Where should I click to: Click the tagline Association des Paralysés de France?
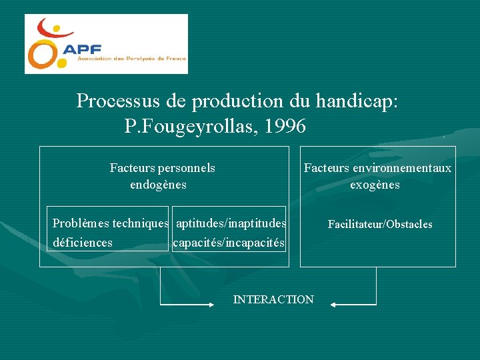click(x=131, y=59)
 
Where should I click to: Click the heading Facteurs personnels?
click(x=162, y=168)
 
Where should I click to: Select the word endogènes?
click(x=158, y=185)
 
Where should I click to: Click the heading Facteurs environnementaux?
click(x=377, y=168)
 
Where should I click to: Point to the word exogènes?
click(x=375, y=185)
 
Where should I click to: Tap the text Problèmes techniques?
click(x=111, y=223)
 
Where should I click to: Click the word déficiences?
click(x=83, y=242)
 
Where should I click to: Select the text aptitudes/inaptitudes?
click(x=231, y=223)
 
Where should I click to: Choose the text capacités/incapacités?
click(x=229, y=242)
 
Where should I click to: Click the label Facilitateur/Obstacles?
click(x=379, y=225)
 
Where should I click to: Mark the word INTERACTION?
click(x=273, y=300)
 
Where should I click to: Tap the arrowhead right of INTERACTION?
click(x=335, y=305)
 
